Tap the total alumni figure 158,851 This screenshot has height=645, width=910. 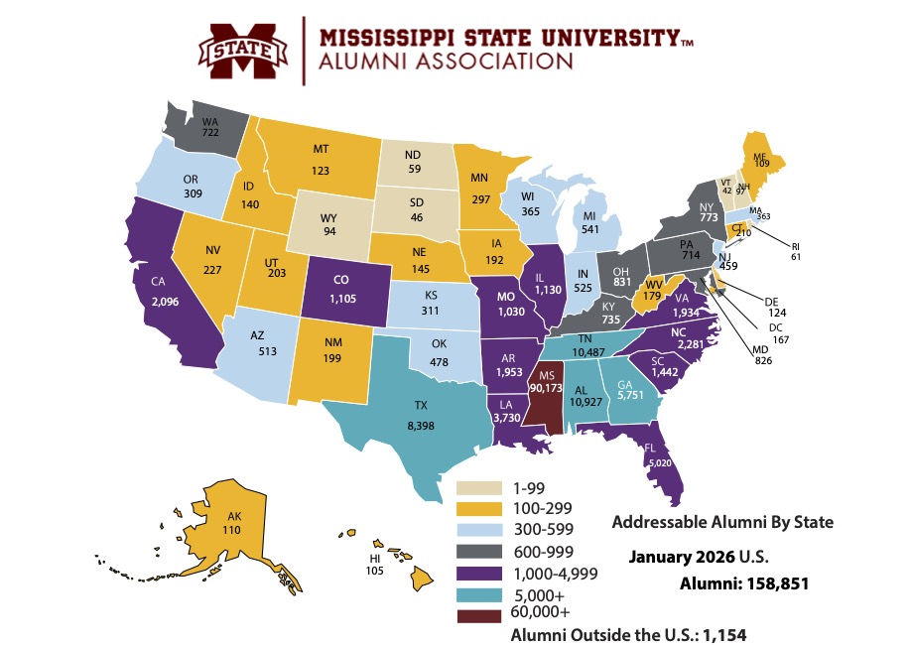[772, 584]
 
